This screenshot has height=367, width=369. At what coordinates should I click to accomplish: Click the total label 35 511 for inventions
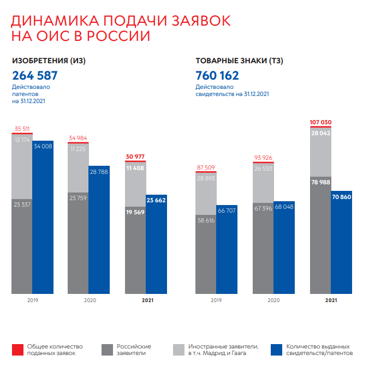click(22, 129)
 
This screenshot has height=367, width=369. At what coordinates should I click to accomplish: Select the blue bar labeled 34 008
click(43, 218)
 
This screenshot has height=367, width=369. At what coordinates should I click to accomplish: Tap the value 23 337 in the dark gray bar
click(22, 205)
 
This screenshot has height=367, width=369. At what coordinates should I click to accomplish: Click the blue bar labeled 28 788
click(99, 229)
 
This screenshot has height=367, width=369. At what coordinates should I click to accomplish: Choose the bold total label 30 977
click(135, 157)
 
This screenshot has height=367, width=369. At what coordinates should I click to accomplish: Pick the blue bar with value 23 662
click(156, 245)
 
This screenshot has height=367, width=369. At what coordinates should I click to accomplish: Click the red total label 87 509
click(206, 168)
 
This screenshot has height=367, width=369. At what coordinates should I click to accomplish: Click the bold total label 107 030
click(320, 122)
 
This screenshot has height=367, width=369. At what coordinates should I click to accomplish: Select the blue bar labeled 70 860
click(341, 243)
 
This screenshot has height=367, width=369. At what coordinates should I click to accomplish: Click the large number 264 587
click(34, 75)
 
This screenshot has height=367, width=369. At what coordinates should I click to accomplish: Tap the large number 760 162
click(217, 75)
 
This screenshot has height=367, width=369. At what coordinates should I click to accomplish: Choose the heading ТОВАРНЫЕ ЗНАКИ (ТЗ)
click(239, 61)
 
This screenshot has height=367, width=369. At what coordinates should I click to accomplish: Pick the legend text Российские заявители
click(134, 350)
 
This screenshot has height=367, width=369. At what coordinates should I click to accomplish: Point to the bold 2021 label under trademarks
click(331, 300)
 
